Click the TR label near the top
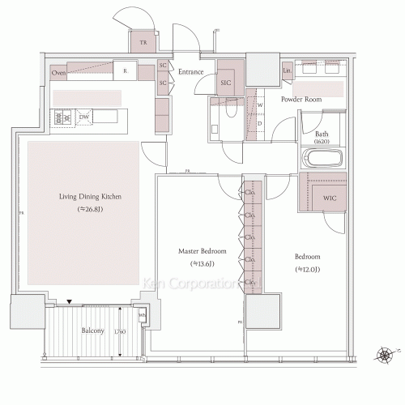(143, 42)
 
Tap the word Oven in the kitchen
(59, 73)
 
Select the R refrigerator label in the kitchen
(125, 71)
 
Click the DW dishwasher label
(84, 118)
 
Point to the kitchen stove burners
(62, 119)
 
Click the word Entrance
(191, 72)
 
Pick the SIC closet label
(226, 82)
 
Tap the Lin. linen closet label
(288, 72)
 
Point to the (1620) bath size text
(322, 142)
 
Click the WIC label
(330, 197)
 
